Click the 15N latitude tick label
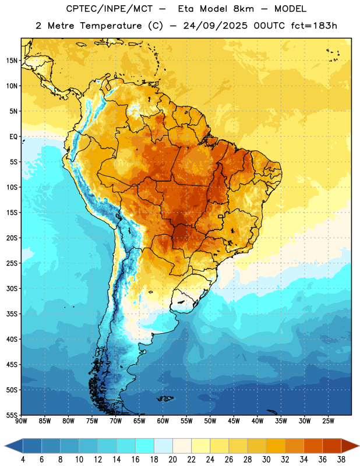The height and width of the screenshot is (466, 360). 12,61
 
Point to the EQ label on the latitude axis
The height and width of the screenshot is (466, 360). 13,137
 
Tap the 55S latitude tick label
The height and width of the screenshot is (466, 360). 12,415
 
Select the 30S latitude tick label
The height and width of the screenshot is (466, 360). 12,288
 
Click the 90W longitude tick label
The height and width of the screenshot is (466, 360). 21,421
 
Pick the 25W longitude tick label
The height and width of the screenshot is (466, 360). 328,421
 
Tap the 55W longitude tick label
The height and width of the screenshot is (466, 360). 186,421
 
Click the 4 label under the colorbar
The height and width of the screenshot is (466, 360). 23,460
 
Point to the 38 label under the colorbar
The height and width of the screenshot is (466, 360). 341,460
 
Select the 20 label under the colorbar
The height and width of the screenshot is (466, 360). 172,460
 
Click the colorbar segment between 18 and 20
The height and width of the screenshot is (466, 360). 163,446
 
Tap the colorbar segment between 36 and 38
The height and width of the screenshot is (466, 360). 332,446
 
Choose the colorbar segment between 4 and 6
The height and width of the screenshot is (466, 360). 32,446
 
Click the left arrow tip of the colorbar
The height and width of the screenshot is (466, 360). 5,446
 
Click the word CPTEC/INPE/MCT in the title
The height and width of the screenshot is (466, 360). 110,9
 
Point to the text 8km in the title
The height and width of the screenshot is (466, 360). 243,9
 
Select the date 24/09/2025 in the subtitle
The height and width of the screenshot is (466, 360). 216,26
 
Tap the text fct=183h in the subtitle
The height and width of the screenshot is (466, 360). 314,26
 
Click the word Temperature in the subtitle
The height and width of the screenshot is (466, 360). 111,26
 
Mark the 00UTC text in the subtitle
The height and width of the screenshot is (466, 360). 269,26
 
